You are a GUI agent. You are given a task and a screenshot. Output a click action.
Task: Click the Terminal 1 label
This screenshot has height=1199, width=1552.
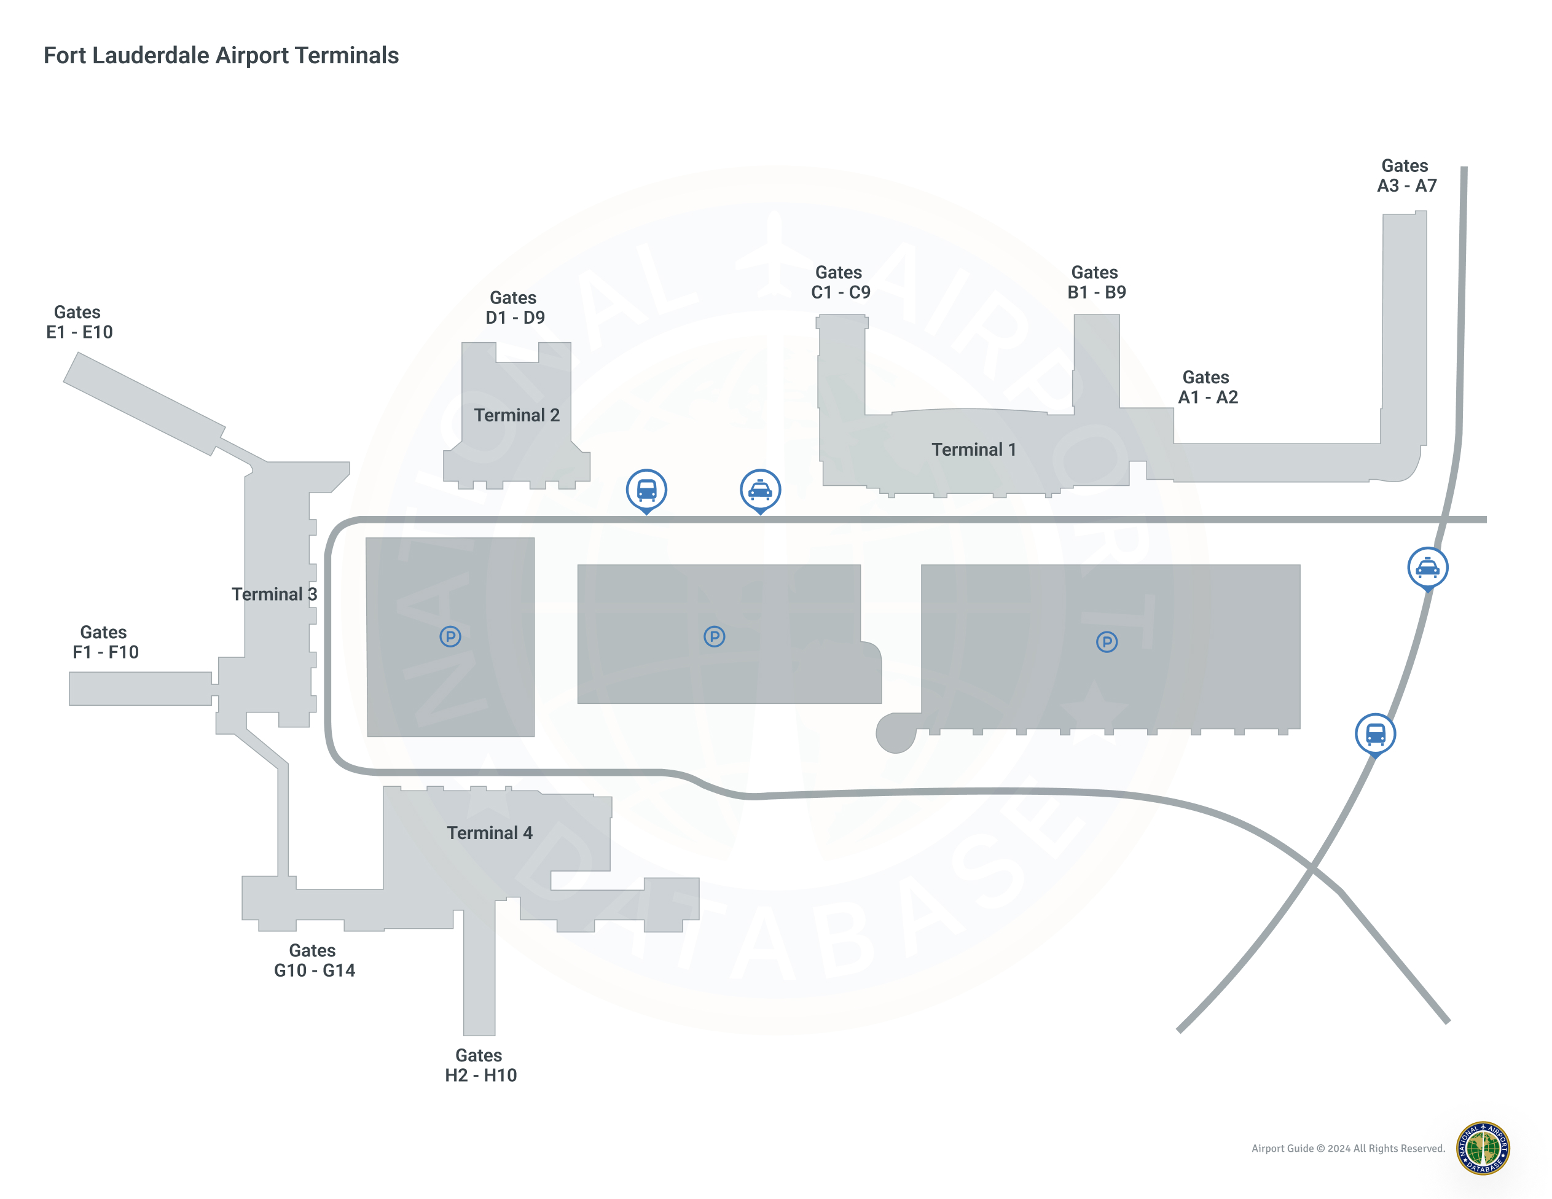(x=974, y=450)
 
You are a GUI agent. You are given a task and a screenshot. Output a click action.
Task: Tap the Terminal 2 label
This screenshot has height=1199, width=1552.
(x=517, y=415)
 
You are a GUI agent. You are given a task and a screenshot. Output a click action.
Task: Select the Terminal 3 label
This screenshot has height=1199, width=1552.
(x=274, y=595)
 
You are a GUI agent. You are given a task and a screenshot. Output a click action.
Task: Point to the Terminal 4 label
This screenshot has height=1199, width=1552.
(x=490, y=833)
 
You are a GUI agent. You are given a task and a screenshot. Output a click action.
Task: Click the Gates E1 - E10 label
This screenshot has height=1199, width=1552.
(x=79, y=322)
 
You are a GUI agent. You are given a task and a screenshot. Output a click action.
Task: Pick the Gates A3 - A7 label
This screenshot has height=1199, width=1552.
(x=1406, y=176)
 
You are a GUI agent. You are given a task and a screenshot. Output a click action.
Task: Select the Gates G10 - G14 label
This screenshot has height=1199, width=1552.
(x=314, y=960)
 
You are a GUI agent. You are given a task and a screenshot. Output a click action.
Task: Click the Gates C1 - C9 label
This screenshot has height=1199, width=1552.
(x=840, y=282)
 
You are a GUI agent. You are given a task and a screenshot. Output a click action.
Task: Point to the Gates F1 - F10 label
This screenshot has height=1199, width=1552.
(x=105, y=642)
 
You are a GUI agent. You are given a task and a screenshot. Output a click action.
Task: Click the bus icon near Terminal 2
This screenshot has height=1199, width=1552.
(x=646, y=490)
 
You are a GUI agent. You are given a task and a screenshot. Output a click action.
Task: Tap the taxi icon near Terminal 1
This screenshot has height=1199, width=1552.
(x=759, y=490)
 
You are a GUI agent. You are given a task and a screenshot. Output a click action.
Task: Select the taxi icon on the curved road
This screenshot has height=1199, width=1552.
(x=1427, y=567)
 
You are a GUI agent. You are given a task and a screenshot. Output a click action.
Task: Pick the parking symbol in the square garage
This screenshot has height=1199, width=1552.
(x=450, y=636)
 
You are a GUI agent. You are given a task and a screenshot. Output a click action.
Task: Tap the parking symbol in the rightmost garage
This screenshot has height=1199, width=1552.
(x=1106, y=642)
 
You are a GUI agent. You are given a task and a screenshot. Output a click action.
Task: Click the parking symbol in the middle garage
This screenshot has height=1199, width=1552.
(x=713, y=636)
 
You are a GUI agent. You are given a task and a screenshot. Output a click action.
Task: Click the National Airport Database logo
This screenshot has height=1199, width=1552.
(x=1483, y=1148)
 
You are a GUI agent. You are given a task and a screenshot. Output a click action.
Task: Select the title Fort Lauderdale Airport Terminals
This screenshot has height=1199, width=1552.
(x=221, y=55)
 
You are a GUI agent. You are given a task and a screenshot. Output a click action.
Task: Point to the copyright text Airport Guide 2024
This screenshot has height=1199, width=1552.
(x=1347, y=1149)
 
